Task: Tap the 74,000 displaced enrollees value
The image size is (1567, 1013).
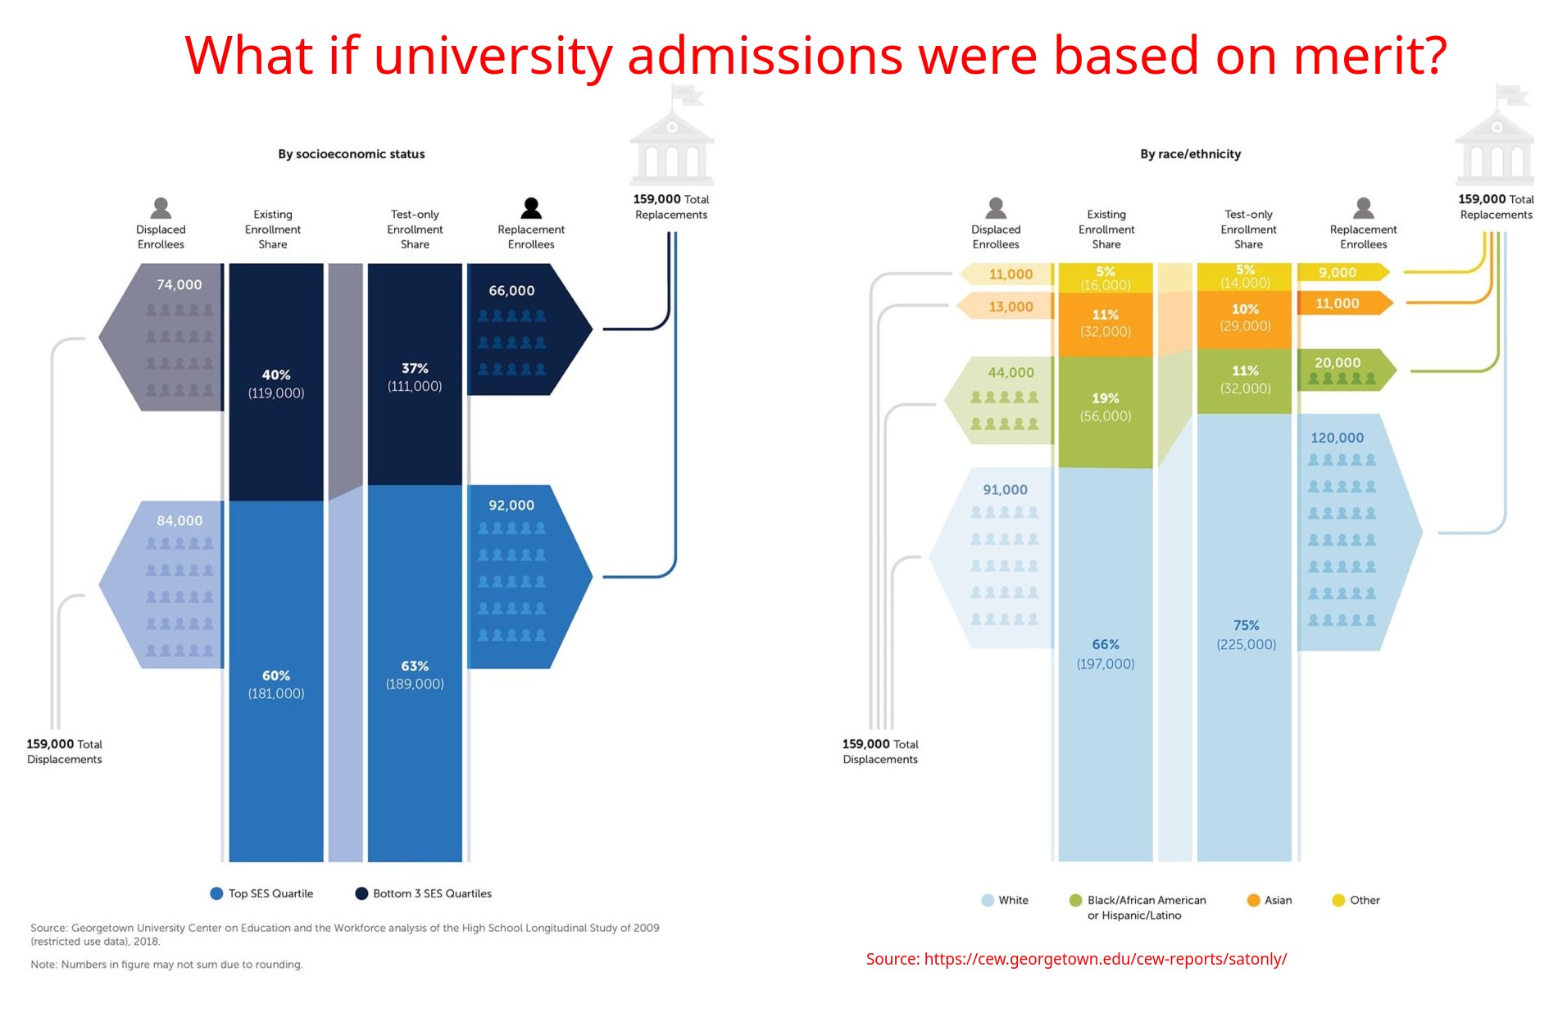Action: (179, 284)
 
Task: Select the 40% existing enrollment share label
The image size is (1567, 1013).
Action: (276, 375)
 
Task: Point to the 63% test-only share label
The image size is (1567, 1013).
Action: (415, 666)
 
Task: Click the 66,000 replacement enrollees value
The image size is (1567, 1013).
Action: (511, 291)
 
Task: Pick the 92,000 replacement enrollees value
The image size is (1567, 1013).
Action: (511, 506)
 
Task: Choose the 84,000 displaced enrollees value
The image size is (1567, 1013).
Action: (179, 520)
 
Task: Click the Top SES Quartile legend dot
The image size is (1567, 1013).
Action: (216, 893)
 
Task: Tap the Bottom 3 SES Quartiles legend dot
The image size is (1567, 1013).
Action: (361, 893)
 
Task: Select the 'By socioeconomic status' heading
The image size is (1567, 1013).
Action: (351, 154)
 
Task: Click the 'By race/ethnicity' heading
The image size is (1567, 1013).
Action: (1190, 154)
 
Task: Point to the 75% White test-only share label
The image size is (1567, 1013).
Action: (1246, 625)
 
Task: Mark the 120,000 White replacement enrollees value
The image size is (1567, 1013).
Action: (1337, 438)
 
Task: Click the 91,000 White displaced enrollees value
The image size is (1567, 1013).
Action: (1005, 490)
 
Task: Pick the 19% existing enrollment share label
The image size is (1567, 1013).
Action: (1105, 398)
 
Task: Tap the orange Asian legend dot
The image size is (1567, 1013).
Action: (1253, 900)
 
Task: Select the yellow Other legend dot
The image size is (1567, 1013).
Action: (1338, 900)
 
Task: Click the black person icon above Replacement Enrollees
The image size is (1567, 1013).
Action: (531, 208)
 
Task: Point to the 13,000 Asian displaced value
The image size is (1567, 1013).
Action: (1011, 307)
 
